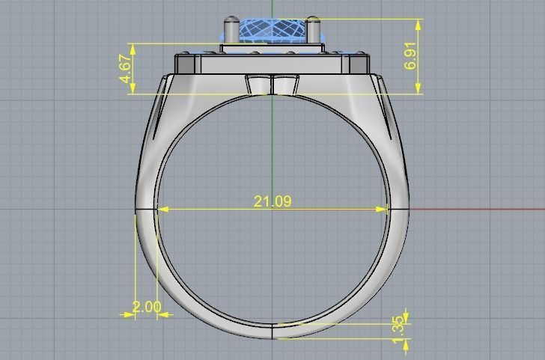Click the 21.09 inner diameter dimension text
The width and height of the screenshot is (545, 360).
(272, 201)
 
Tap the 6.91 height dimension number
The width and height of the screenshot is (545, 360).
(410, 55)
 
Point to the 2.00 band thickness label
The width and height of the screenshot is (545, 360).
(146, 307)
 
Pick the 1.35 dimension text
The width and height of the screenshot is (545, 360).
(398, 325)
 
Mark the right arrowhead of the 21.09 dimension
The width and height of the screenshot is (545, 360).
(384, 210)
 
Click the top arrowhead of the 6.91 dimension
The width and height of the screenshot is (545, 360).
(417, 23)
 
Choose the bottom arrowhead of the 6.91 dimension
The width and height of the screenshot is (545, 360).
(417, 89)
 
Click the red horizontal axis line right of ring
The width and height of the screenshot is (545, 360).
(479, 209)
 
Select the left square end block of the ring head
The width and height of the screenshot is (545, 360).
(186, 63)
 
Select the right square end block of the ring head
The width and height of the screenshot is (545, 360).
(358, 63)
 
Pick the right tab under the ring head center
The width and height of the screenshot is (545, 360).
(284, 85)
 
